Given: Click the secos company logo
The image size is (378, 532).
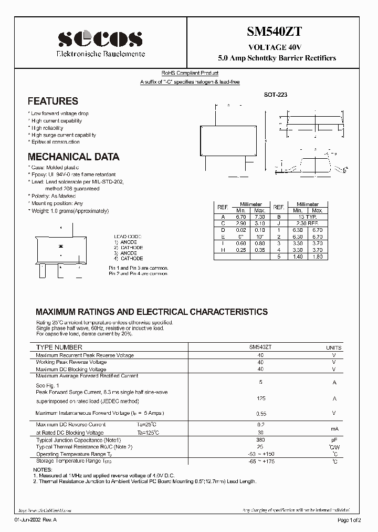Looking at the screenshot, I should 100,39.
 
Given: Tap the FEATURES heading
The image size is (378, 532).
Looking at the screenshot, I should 52,101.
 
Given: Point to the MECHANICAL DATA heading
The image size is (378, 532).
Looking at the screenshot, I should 73,157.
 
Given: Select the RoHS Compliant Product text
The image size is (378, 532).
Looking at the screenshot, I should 190,74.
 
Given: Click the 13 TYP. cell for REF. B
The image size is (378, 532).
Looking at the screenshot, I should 308,217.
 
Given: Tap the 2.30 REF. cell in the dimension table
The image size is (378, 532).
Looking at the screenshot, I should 308,223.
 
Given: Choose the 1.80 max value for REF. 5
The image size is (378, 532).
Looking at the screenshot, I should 317,256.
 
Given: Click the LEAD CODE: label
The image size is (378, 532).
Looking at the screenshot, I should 128,237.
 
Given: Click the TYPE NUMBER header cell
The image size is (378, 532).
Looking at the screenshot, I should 59,347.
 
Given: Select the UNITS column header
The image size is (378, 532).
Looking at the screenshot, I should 333,348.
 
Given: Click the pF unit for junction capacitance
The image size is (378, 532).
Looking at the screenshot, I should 333,439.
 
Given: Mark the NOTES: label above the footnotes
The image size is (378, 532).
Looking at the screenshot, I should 43,469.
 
